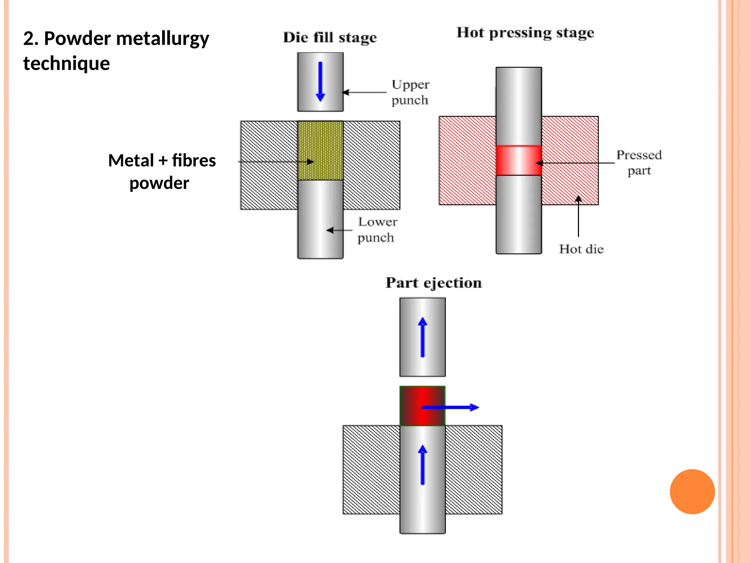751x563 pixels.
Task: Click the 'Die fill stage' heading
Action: tap(330, 38)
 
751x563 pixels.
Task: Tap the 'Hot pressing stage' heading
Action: tap(525, 33)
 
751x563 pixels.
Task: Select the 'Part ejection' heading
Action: tap(433, 283)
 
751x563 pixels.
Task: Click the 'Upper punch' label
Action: tap(410, 92)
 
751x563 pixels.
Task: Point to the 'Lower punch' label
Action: tap(377, 230)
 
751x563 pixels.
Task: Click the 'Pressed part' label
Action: tap(639, 163)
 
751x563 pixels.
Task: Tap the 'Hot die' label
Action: tap(581, 249)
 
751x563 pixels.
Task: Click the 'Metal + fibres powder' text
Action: tap(161, 172)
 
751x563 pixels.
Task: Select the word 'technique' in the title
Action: tap(66, 63)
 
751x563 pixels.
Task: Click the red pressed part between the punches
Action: tap(518, 161)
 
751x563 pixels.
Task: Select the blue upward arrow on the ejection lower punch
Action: tap(422, 465)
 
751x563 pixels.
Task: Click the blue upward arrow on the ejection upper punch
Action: tap(422, 337)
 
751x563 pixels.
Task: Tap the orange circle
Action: tap(692, 492)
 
